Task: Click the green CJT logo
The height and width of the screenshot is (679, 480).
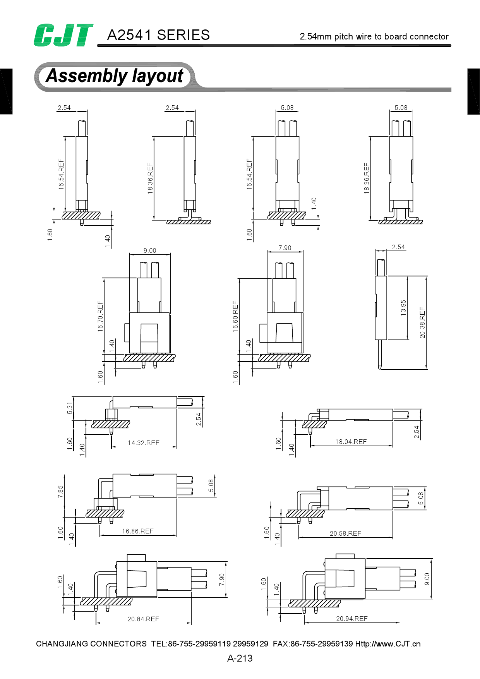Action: pos(63,35)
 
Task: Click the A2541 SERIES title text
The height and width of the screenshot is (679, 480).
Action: pos(158,35)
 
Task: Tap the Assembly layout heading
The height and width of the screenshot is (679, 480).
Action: pos(115,76)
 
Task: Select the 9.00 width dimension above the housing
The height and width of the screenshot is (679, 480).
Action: pos(150,250)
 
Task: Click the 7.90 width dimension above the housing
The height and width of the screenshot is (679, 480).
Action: pos(285,248)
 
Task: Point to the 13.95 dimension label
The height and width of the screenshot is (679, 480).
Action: pos(403,308)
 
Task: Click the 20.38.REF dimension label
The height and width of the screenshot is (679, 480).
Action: pos(422,322)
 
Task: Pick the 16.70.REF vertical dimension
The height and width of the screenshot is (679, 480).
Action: pos(100,316)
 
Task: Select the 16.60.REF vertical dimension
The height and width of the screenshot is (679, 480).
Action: pos(235,317)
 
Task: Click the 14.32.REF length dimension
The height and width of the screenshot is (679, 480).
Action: pos(144,443)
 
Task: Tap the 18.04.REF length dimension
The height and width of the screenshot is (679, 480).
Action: pos(351,442)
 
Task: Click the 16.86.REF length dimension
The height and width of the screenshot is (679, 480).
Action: pos(138,531)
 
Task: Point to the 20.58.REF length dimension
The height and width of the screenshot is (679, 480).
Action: pos(345,533)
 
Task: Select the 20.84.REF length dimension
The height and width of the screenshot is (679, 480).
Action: pos(143,619)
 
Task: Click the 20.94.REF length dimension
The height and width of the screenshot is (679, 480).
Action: pos(351,619)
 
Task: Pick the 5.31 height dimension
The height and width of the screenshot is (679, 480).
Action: pos(70,408)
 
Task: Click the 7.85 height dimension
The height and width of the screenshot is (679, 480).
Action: pos(60,492)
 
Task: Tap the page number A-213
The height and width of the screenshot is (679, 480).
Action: pos(240,658)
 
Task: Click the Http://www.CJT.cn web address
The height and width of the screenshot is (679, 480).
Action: pos(388,644)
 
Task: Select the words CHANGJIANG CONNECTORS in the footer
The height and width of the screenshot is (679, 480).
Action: pos(91,644)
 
